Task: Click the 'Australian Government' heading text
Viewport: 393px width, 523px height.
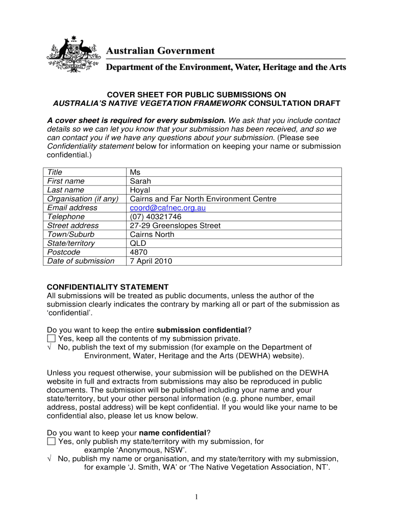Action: click(x=160, y=51)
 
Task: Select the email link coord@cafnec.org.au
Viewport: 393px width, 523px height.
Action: click(x=167, y=208)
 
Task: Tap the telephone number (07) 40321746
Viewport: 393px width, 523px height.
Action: click(x=156, y=217)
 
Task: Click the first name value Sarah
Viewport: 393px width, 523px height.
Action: click(x=140, y=181)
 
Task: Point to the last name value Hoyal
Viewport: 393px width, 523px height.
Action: click(x=140, y=190)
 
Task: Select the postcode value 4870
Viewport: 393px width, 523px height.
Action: click(x=139, y=252)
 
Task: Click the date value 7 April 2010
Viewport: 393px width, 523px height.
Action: click(x=151, y=261)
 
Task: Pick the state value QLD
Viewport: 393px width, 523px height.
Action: click(x=138, y=243)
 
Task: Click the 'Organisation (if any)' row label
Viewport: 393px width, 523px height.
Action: click(x=83, y=199)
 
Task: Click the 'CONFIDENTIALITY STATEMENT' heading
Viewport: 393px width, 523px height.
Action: click(x=108, y=287)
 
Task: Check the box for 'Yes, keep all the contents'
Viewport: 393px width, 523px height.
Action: click(x=51, y=338)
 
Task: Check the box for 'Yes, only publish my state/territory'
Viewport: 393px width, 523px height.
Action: click(x=51, y=441)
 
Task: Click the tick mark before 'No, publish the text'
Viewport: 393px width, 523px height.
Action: click(x=50, y=347)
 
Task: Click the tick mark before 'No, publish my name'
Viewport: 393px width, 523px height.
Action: click(x=50, y=459)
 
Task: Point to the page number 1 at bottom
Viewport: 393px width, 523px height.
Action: click(x=196, y=497)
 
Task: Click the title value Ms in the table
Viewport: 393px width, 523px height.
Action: click(x=135, y=173)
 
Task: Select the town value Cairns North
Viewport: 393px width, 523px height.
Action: click(x=152, y=234)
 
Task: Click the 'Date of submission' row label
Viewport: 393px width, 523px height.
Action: click(x=81, y=261)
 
